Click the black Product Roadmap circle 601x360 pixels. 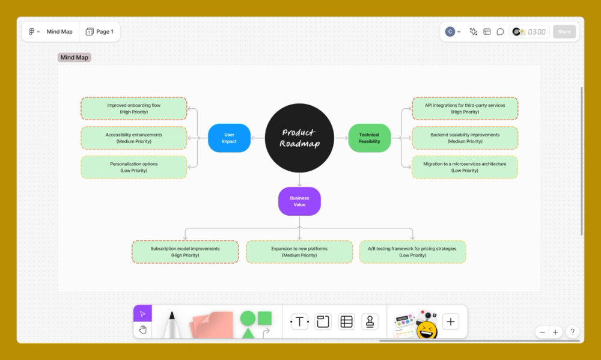click(299, 138)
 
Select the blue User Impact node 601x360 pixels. click(229, 138)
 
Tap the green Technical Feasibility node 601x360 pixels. click(370, 138)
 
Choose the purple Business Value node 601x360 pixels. click(299, 201)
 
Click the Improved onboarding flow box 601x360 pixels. click(134, 109)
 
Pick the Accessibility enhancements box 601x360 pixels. click(134, 138)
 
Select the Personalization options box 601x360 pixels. click(134, 167)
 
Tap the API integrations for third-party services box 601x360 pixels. click(465, 109)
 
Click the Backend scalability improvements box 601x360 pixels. click(465, 138)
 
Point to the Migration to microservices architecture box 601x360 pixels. click(465, 167)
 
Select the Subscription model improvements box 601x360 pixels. click(185, 252)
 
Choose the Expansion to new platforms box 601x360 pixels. click(299, 252)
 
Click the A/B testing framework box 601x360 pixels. click(412, 252)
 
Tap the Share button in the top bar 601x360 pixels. click(564, 32)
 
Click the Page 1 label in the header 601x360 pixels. click(100, 32)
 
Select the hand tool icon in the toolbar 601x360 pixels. click(143, 329)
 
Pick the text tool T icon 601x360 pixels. click(299, 322)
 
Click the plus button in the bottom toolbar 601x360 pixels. click(451, 322)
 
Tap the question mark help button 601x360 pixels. click(573, 332)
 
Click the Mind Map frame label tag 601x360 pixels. click(75, 58)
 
